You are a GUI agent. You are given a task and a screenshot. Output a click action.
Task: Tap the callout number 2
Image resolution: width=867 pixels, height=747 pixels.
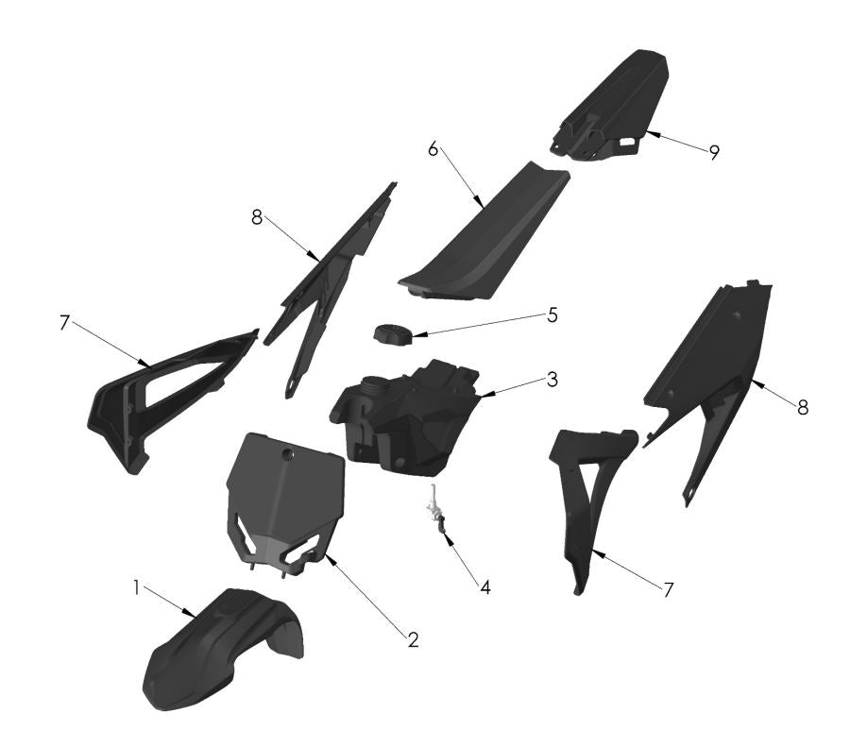(x=413, y=639)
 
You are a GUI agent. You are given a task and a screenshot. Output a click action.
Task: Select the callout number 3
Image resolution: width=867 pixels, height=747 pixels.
(x=552, y=380)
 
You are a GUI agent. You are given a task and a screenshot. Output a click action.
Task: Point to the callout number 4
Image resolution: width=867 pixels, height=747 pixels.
(x=484, y=586)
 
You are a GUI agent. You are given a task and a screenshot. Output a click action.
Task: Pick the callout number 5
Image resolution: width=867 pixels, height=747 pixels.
(x=552, y=314)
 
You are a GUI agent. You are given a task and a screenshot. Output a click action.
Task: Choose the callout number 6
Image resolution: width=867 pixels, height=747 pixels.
(x=433, y=148)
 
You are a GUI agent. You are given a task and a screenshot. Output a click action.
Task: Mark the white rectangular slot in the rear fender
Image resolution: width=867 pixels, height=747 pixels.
(x=625, y=141)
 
